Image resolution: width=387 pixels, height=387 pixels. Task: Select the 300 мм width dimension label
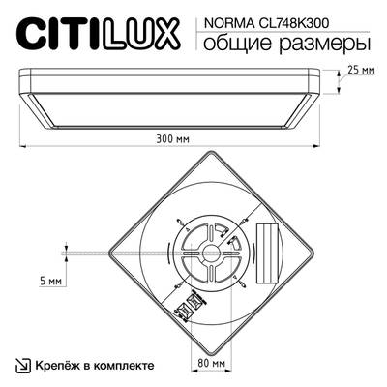[x=172, y=137]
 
